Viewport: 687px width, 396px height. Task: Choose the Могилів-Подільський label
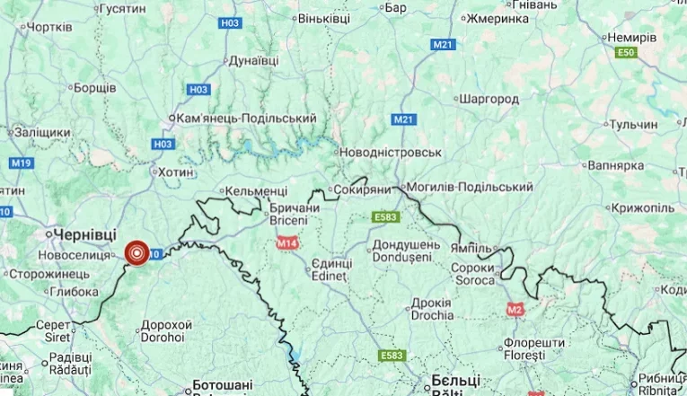[x=470, y=187]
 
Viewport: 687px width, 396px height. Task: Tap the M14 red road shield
[x=287, y=243]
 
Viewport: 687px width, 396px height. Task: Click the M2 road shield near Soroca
[x=515, y=310]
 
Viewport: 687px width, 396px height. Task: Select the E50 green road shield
[x=625, y=53]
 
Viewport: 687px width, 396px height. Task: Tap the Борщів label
[x=93, y=88]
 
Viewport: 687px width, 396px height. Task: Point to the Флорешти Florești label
[x=533, y=349]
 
